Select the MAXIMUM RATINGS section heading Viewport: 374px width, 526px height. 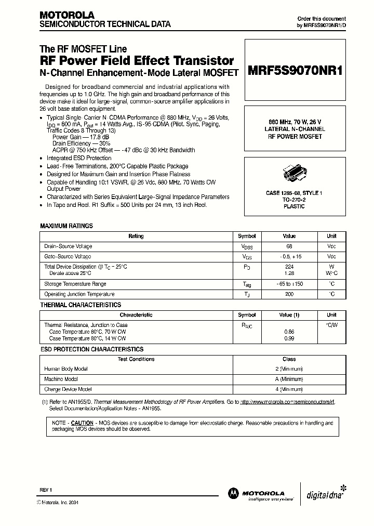[66, 226]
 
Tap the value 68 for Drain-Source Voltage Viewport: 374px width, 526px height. [289, 246]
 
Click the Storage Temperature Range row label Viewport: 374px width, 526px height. [75, 284]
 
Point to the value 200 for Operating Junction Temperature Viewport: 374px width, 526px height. [289, 294]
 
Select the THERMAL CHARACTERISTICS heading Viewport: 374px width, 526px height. [81, 305]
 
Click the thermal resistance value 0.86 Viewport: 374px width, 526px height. [289, 332]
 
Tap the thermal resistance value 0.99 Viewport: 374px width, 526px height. [289, 338]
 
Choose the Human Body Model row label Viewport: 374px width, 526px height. [66, 369]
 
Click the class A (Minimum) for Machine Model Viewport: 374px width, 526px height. [289, 379]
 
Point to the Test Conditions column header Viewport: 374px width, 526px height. [136, 359]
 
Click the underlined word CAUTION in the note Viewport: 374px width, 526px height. [82, 423]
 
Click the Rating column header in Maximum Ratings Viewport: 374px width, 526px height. [136, 236]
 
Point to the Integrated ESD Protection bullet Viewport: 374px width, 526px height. [79, 158]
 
